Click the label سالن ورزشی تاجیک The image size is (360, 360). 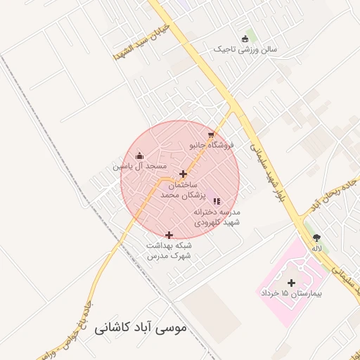click(x=247, y=50)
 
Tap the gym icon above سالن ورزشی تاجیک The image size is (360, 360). click(x=245, y=39)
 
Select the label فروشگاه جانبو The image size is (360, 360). click(x=212, y=146)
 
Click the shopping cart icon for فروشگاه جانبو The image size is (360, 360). click(x=210, y=135)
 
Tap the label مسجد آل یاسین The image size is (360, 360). click(x=141, y=167)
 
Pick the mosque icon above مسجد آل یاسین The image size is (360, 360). click(x=139, y=156)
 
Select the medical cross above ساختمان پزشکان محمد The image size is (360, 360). click(x=184, y=174)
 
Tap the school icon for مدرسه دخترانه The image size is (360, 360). click(x=217, y=201)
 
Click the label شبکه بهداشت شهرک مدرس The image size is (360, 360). click(x=169, y=250)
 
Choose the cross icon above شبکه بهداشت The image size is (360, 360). click(x=169, y=235)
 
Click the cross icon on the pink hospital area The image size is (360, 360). click(x=292, y=282)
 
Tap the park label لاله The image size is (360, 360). click(x=317, y=248)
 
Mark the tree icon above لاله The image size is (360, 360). click(x=316, y=238)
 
